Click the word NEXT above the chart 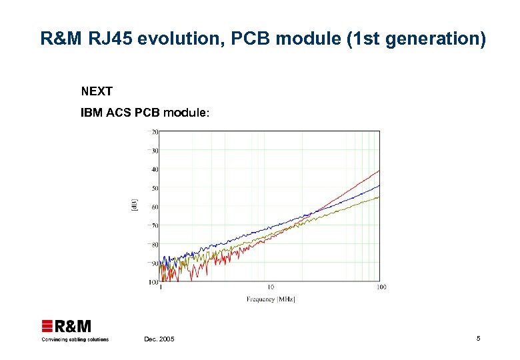tap(97, 91)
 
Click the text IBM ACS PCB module tap(145, 113)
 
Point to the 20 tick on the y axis tap(154, 131)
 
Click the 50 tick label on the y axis tap(154, 188)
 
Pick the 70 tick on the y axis tap(154, 226)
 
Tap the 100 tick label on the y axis tap(153, 283)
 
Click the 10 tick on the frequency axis tap(271, 287)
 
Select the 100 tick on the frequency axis tap(381, 287)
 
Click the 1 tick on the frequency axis tap(161, 287)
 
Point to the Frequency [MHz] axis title tap(271, 299)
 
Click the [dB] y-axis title tap(134, 206)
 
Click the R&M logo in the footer tap(67, 326)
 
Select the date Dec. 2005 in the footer tap(159, 339)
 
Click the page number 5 tap(478, 339)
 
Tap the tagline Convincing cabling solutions tap(75, 339)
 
